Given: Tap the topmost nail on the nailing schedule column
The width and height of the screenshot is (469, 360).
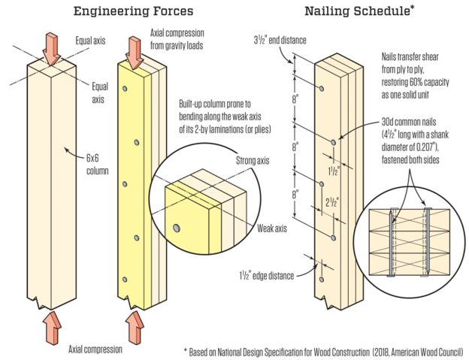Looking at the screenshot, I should click(x=322, y=89).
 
